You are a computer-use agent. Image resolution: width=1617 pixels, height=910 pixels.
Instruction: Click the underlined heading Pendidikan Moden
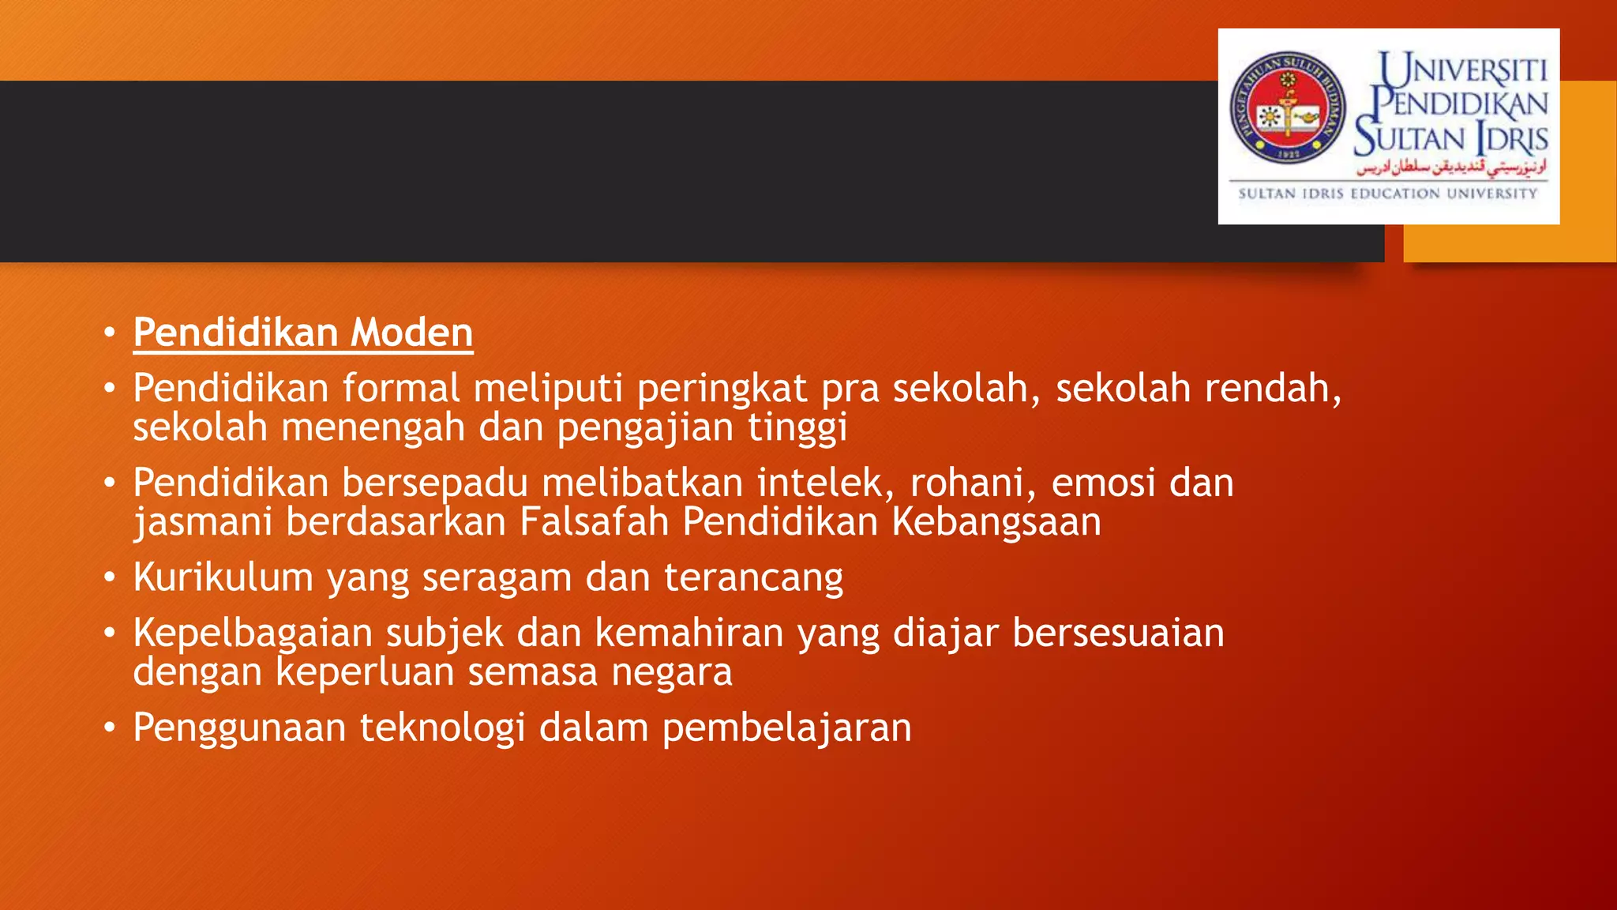[x=302, y=333]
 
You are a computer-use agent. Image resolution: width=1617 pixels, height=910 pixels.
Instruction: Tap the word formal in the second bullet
[x=401, y=389]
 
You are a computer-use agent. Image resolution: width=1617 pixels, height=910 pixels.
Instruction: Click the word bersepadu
[x=435, y=483]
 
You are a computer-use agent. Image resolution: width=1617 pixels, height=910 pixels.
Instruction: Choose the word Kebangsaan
[x=996, y=522]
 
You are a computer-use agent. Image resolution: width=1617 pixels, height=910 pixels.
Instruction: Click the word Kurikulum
[x=223, y=577]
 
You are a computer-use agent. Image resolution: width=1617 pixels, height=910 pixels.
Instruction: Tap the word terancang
[x=753, y=577]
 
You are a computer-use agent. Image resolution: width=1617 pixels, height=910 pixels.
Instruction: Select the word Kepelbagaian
[x=252, y=634]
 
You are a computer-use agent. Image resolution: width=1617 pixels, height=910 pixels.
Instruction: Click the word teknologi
[x=442, y=728]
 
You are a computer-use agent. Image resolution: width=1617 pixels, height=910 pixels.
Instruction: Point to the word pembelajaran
[x=786, y=728]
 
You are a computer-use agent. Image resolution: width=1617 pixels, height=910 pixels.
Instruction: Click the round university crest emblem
[x=1287, y=108]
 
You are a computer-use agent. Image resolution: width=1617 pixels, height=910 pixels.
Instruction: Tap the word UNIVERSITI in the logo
[x=1463, y=70]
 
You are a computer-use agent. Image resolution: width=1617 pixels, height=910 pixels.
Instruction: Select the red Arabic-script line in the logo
[x=1451, y=167]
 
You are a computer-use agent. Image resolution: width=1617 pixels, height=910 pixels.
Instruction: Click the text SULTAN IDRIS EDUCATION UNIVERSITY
[x=1387, y=194]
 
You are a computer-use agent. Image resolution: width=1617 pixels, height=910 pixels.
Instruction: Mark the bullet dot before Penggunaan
[x=110, y=728]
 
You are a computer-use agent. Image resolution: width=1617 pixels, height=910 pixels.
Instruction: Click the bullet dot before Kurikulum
[x=110, y=577]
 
